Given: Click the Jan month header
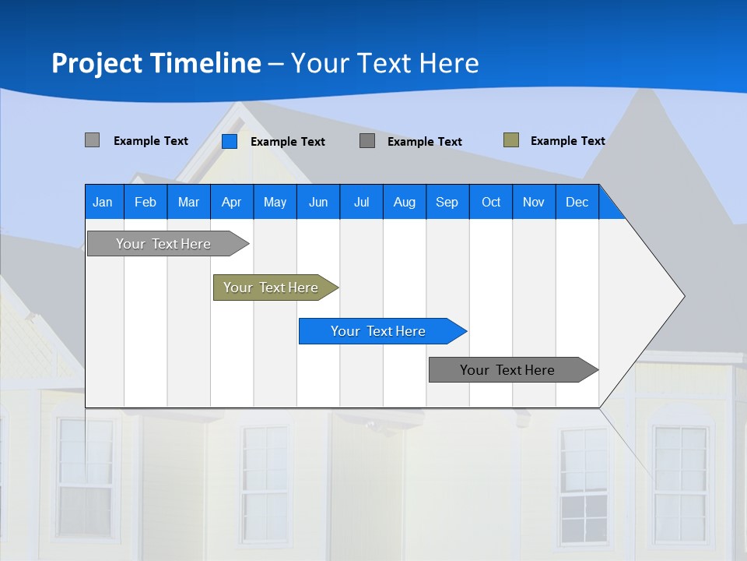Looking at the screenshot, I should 103,202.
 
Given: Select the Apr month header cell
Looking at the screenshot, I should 231,202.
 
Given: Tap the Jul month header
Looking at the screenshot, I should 361,202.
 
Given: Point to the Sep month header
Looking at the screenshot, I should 447,202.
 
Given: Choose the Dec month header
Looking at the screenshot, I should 577,202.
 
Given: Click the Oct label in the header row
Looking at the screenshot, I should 491,202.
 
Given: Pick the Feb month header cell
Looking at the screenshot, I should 146,202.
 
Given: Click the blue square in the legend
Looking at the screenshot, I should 229,141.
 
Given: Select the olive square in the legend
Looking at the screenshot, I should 510,140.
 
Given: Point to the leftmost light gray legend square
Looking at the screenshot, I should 92,140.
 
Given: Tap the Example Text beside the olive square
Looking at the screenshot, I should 567,141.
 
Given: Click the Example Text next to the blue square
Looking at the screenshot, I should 287,142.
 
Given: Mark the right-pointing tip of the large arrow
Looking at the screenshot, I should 682,296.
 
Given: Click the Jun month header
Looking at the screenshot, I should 318,202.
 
